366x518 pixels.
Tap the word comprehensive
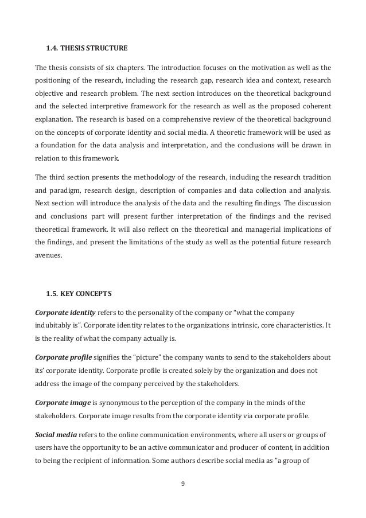click(x=165, y=119)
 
